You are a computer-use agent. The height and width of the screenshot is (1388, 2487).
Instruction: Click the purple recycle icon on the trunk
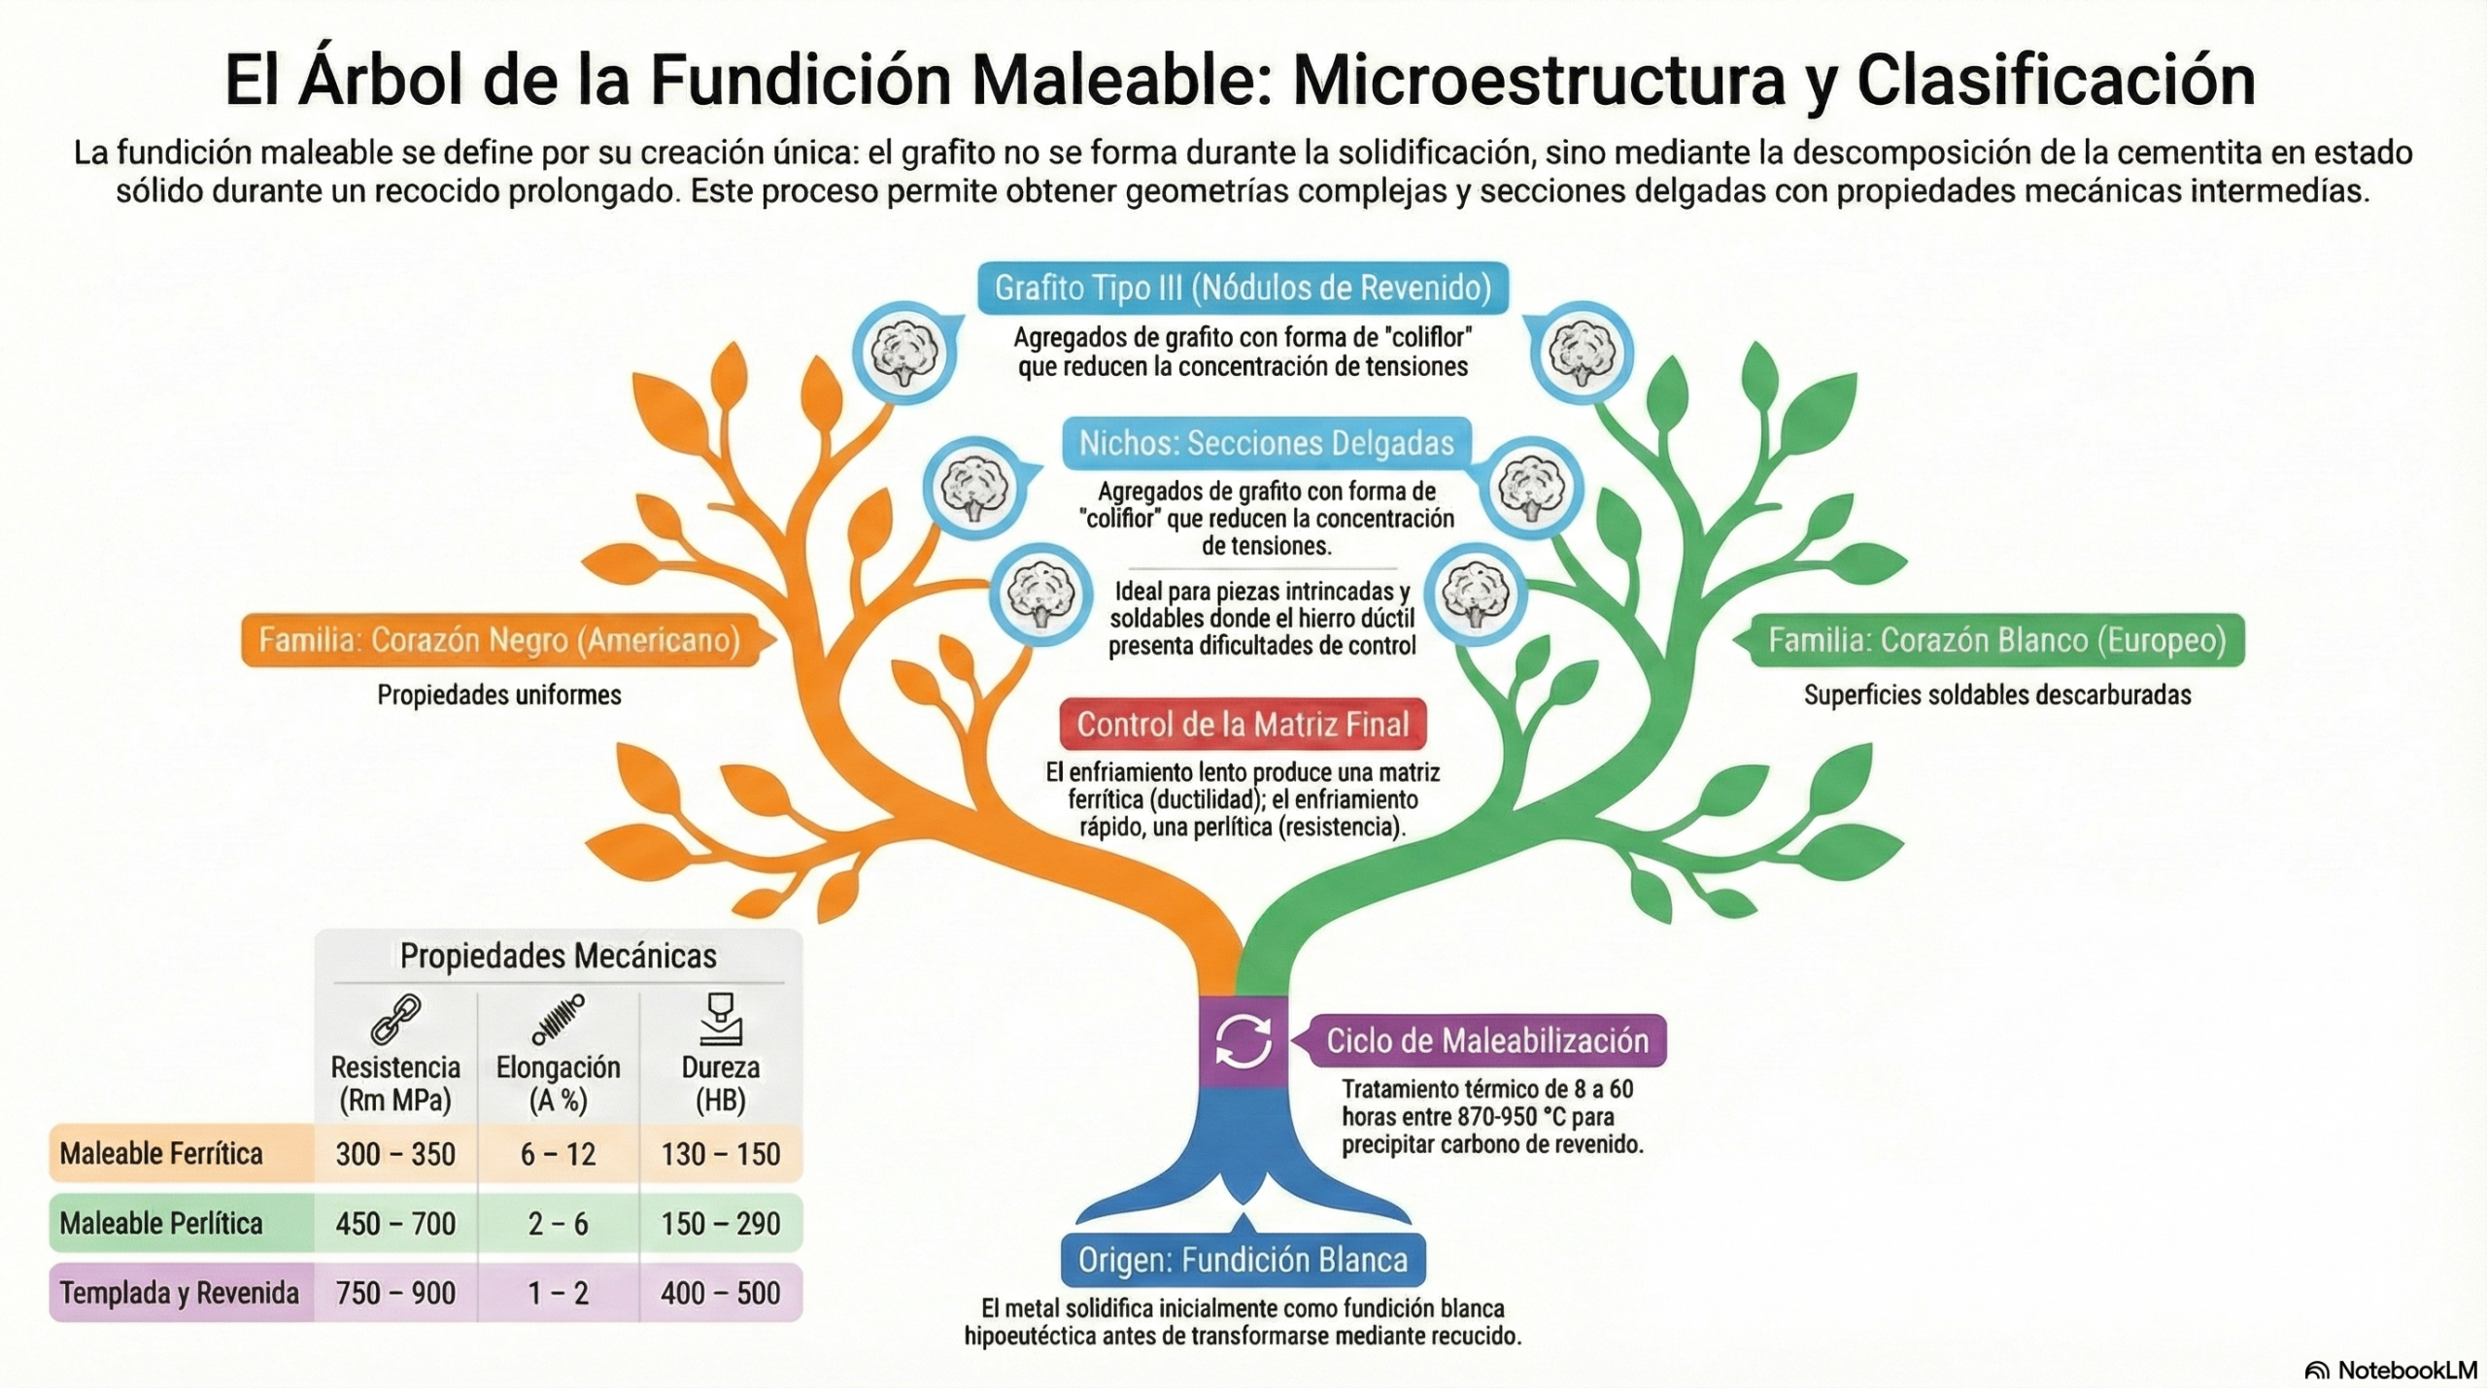[1243, 1041]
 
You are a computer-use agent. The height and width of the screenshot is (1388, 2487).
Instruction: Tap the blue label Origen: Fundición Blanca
[1243, 1260]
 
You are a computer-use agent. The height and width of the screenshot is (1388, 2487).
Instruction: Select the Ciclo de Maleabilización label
[1486, 1041]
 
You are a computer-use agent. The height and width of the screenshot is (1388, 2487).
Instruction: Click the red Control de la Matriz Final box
[1243, 725]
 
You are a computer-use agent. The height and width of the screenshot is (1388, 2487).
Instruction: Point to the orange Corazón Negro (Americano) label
[499, 641]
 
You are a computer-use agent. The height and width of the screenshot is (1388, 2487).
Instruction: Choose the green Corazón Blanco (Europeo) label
[1996, 641]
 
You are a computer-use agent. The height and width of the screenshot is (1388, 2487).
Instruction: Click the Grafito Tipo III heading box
[1243, 288]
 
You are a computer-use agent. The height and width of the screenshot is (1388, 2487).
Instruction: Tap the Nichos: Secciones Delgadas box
[1266, 444]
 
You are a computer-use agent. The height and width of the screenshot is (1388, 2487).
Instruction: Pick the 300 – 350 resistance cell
[395, 1154]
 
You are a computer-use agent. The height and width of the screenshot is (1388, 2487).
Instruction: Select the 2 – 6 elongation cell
[558, 1224]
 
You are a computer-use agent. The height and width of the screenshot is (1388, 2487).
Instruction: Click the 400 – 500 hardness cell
[720, 1294]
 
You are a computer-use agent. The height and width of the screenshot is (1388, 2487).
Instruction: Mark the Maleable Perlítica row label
[161, 1224]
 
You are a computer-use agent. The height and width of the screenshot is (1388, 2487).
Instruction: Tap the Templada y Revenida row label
[180, 1294]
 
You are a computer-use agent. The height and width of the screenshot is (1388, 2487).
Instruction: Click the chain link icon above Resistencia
[395, 1018]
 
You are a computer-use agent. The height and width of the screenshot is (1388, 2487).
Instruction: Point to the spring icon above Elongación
[558, 1018]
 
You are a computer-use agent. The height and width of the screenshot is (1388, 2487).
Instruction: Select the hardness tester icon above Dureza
[720, 1018]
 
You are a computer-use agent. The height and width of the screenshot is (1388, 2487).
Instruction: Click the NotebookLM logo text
[2406, 1370]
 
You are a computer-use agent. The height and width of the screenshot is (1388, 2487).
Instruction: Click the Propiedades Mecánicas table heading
[558, 957]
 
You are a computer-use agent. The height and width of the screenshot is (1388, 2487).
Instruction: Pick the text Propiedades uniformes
[499, 695]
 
